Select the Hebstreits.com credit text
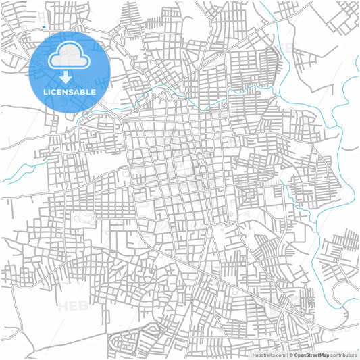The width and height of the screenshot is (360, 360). pos(268,354)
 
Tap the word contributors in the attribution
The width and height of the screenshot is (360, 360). pos(343,354)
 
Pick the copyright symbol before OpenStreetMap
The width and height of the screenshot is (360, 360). pos(291,354)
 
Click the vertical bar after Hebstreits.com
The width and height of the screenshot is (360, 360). pos(286,354)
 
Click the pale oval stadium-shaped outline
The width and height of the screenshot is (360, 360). pos(86,218)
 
